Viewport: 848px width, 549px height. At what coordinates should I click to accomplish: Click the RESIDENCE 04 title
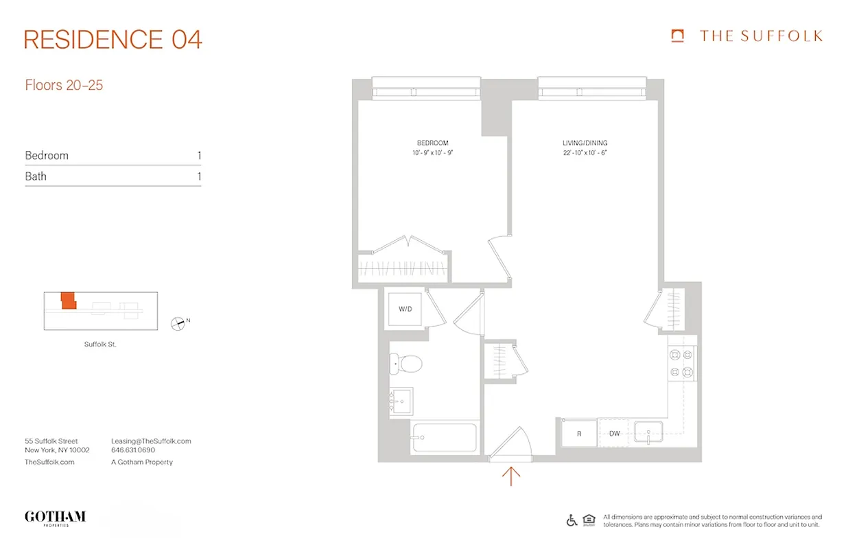[x=113, y=40]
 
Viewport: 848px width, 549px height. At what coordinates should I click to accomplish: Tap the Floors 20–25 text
[x=64, y=86]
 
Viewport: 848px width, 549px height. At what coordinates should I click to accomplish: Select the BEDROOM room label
[x=432, y=143]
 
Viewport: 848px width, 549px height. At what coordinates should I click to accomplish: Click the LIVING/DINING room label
[x=585, y=143]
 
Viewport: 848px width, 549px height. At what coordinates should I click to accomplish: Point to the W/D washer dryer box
[x=405, y=309]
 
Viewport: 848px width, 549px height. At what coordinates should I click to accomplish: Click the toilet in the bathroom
[x=404, y=363]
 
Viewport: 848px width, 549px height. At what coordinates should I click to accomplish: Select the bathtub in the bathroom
[x=445, y=437]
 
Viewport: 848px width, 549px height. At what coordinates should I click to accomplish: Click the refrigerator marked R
[x=578, y=434]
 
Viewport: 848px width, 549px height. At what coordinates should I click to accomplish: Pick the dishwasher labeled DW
[x=614, y=434]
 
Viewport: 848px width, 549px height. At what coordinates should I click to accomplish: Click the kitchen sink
[x=648, y=434]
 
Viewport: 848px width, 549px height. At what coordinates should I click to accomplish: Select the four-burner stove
[x=681, y=364]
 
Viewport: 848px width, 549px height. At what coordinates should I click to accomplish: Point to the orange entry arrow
[x=511, y=476]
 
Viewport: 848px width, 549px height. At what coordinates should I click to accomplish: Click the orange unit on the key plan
[x=67, y=301]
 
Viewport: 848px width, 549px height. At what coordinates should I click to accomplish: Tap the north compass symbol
[x=178, y=323]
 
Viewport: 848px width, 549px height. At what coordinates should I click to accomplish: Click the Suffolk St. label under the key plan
[x=100, y=344]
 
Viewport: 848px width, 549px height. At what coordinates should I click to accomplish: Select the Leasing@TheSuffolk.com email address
[x=151, y=441]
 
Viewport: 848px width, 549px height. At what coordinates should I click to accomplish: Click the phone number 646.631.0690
[x=133, y=451]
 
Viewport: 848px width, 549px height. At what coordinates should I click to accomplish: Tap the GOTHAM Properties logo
[x=55, y=517]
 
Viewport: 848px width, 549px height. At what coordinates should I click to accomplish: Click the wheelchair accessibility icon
[x=572, y=520]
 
